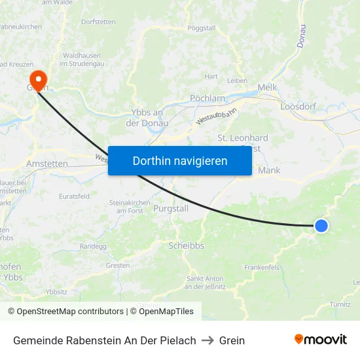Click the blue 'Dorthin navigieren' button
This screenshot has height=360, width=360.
(180, 160)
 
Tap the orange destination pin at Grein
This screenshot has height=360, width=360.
(39, 81)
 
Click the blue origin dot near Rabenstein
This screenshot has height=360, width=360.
(321, 225)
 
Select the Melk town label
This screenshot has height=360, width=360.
(268, 87)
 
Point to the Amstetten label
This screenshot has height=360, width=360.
(47, 163)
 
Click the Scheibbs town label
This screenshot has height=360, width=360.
(187, 245)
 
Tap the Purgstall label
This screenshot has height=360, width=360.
(170, 208)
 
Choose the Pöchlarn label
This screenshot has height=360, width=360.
(207, 98)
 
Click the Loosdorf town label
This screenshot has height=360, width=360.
(298, 106)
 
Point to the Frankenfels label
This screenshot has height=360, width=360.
(261, 267)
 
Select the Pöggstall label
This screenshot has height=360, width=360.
(201, 28)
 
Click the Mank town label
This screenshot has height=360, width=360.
(269, 171)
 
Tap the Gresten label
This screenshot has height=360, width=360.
(118, 265)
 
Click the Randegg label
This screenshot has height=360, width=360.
(92, 246)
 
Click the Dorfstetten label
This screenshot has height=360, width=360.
(98, 22)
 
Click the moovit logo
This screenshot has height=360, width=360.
(320, 340)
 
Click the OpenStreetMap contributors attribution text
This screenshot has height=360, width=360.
(65, 312)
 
